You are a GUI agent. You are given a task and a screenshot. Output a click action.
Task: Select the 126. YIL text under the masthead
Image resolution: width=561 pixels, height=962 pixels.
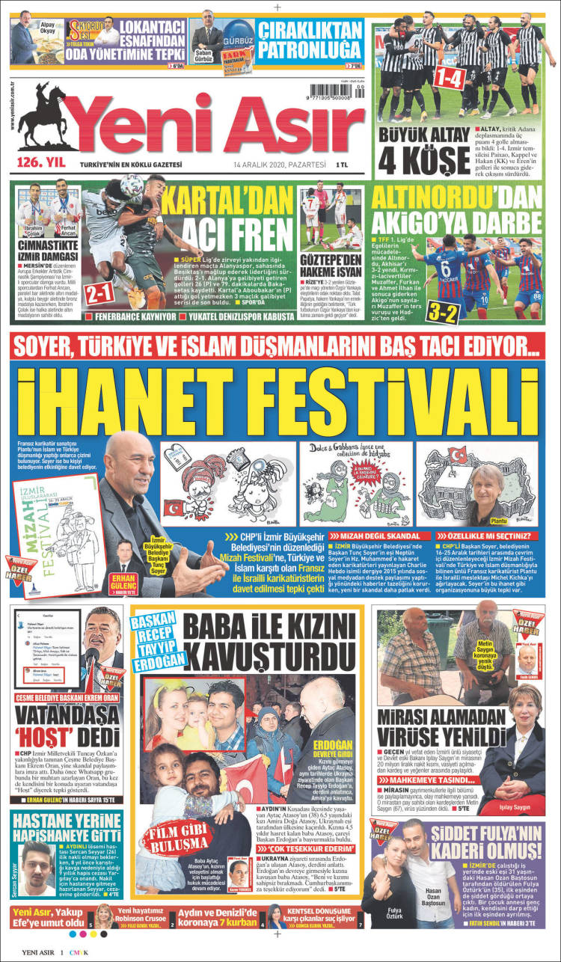(39, 164)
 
